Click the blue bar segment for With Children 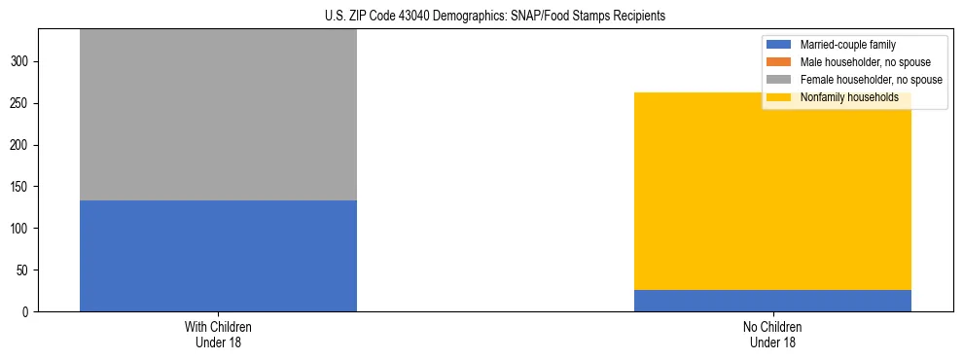point(218,256)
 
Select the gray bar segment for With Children point(218,115)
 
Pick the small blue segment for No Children point(772,301)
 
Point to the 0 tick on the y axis point(27,312)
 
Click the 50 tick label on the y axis point(24,270)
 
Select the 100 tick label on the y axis point(21,229)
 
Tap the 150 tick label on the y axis point(21,187)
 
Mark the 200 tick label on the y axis point(21,145)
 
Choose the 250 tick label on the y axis point(21,103)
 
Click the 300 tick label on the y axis point(21,61)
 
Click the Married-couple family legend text point(848,45)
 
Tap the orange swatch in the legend point(780,62)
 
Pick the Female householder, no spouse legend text point(871,80)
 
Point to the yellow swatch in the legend point(780,97)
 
